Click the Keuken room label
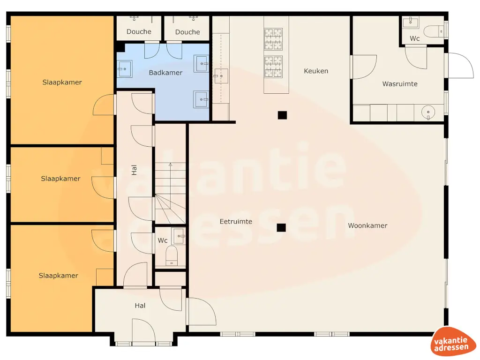(316, 71)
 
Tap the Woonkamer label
(367, 225)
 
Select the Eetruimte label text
(236, 221)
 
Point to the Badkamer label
(165, 73)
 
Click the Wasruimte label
(400, 84)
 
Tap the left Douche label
(139, 32)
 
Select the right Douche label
(187, 32)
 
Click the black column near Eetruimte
(281, 228)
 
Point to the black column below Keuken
(282, 115)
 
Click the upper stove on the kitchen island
(274, 39)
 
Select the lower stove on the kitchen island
(274, 67)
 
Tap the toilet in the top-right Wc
(433, 31)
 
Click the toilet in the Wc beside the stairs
(172, 256)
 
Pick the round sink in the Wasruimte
(429, 113)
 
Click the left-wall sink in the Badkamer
(124, 68)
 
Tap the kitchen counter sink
(220, 75)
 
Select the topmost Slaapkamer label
(62, 82)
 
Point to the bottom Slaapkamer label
(58, 276)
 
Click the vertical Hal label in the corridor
(134, 170)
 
